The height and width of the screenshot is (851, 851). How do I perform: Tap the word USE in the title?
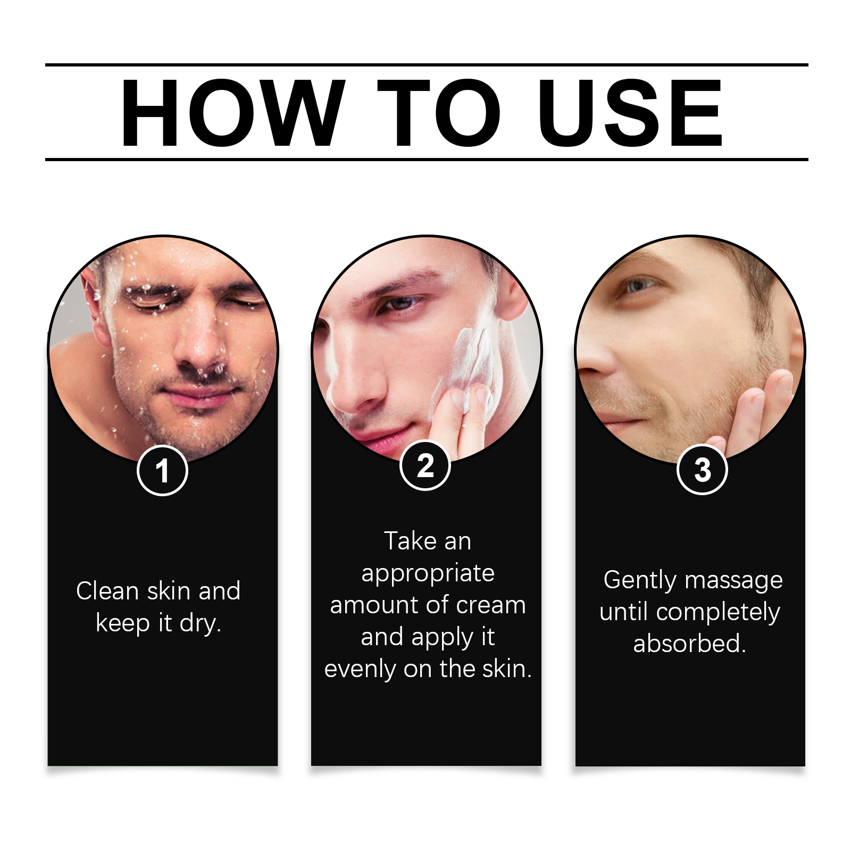[630, 112]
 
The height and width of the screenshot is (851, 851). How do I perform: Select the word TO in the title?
[439, 112]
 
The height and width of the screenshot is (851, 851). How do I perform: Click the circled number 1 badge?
[162, 471]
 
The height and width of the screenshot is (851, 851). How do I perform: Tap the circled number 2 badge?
[425, 465]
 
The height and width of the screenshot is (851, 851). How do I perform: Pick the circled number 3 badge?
[702, 470]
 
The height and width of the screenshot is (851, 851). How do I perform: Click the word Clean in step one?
[107, 591]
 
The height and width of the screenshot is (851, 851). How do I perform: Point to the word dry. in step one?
[200, 623]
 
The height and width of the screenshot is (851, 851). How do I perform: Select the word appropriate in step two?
[428, 574]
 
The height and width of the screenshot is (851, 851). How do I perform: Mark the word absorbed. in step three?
[690, 644]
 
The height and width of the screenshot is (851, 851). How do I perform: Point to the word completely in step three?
[718, 613]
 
